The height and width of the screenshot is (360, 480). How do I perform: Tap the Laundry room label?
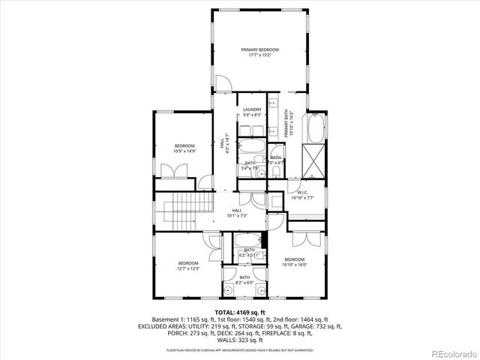click(252, 112)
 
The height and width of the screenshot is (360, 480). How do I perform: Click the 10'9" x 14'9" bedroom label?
click(184, 148)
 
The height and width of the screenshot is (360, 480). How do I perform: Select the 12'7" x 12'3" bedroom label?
click(187, 265)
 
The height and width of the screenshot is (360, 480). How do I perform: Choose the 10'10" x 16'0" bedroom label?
click(295, 262)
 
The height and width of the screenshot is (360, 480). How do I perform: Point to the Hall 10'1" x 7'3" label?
click(237, 213)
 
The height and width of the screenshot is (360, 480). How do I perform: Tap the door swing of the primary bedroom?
click(223, 82)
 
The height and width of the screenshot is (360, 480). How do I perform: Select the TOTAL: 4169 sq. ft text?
click(239, 311)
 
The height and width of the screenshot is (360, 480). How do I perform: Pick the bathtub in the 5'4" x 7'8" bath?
click(251, 147)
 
